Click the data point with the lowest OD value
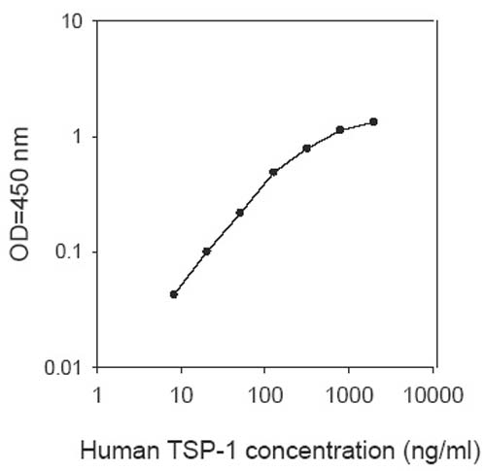(x=174, y=293)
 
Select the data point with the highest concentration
(x=373, y=121)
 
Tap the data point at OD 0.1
(x=207, y=251)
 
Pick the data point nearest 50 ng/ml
(x=239, y=212)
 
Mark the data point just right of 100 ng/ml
(x=273, y=172)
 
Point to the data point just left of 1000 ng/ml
(x=339, y=129)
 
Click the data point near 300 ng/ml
(x=306, y=148)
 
